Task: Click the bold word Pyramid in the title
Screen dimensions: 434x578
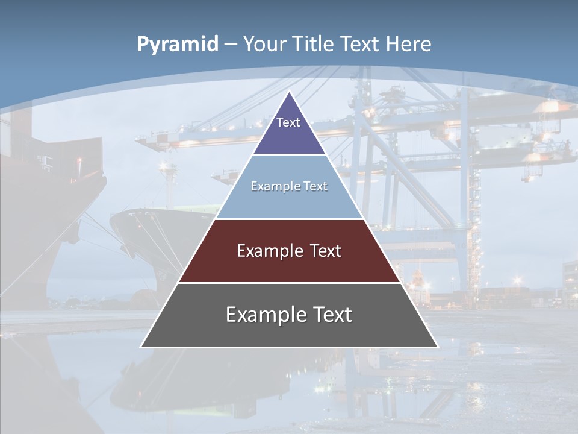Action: tap(177, 44)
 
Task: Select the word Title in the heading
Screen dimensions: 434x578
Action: tap(314, 44)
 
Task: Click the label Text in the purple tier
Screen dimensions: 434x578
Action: tap(288, 122)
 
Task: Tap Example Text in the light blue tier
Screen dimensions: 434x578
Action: tap(289, 186)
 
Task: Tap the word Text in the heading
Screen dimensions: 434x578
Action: tap(361, 44)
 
